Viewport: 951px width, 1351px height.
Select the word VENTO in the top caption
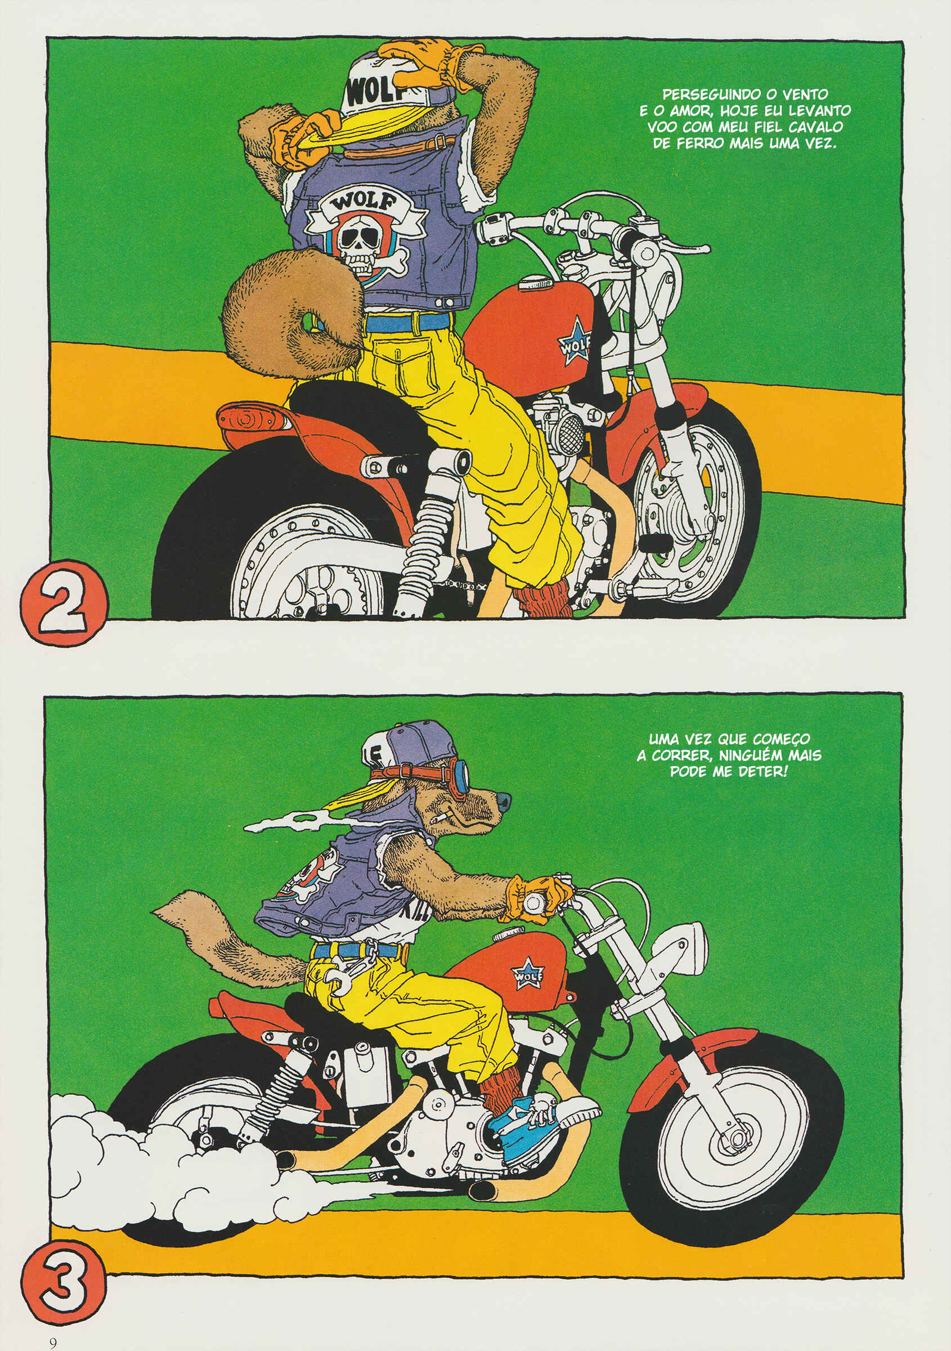pos(805,94)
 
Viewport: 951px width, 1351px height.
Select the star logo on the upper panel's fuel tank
pos(574,342)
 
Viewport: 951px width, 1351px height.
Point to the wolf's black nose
pos(504,801)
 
